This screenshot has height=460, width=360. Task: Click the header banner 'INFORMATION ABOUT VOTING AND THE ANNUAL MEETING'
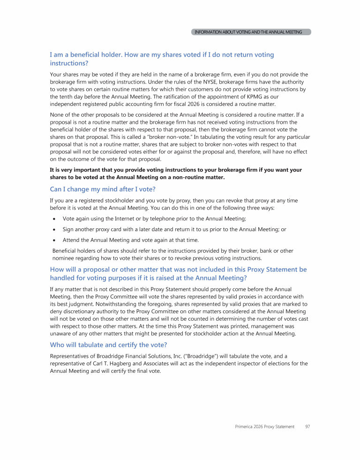[x=252, y=32]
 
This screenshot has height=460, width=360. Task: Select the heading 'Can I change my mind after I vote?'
[x=103, y=189]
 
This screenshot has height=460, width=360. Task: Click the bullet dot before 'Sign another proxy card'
[x=55, y=230]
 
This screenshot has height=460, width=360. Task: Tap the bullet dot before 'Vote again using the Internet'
[x=55, y=219]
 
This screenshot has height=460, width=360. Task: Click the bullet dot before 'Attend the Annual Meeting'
[x=55, y=240]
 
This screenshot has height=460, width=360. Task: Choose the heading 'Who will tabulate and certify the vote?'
[x=109, y=345]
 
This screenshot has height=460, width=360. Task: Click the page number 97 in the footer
[x=307, y=427]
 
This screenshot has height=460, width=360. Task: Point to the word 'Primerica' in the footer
[x=245, y=427]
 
